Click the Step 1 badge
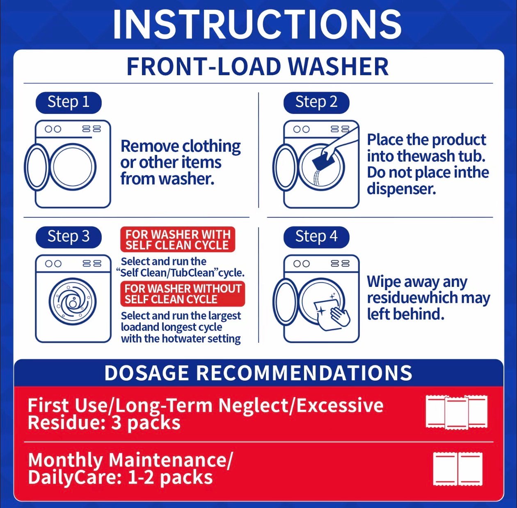(x=69, y=103)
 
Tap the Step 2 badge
(x=316, y=103)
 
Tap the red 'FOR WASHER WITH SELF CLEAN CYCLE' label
(x=178, y=239)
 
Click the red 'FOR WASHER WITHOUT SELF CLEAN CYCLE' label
(x=183, y=294)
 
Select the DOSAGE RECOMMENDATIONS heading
(x=258, y=373)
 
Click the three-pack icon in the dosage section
(x=456, y=412)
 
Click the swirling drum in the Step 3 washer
(x=73, y=301)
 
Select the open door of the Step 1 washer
(x=37, y=167)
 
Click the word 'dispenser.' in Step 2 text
(x=401, y=189)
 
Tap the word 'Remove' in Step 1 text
(x=149, y=146)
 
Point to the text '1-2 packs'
(x=170, y=477)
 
